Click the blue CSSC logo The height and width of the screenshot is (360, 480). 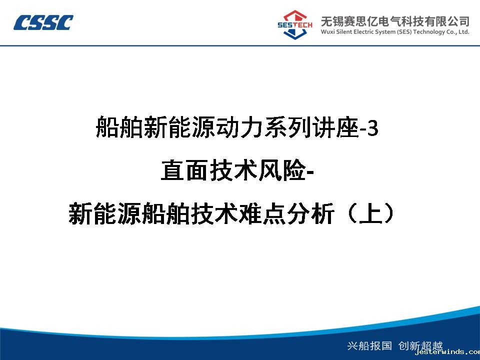(x=43, y=22)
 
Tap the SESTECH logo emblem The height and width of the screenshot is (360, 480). (x=295, y=24)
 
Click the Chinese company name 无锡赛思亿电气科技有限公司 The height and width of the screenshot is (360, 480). (x=395, y=21)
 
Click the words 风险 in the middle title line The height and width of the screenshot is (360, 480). (x=282, y=170)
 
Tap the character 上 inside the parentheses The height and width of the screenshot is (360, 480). (x=371, y=213)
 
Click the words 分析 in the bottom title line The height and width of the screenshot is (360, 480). (x=310, y=213)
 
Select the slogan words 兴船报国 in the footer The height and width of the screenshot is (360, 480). (x=369, y=345)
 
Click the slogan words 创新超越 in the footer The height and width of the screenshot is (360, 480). (x=420, y=345)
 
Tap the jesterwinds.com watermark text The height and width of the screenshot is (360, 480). (x=447, y=352)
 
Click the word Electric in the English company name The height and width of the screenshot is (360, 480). (x=363, y=32)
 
